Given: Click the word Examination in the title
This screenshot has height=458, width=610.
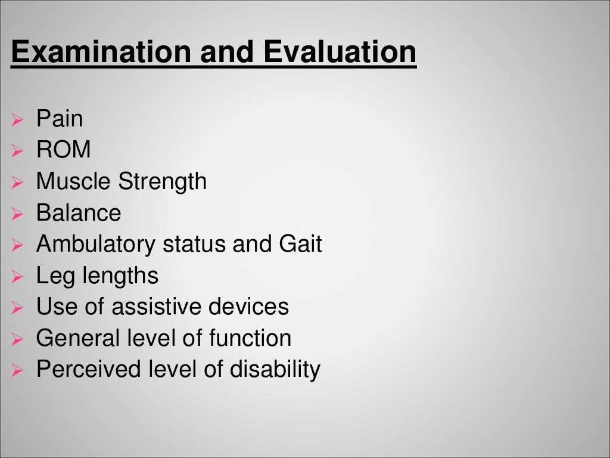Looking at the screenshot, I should (101, 52).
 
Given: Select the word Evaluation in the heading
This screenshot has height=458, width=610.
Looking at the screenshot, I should (340, 52).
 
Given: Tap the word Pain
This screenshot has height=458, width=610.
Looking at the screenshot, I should (60, 119).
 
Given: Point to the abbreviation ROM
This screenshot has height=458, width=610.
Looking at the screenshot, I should (64, 150).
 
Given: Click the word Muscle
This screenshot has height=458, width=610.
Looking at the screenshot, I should (74, 181).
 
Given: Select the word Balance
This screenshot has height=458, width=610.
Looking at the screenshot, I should (79, 213).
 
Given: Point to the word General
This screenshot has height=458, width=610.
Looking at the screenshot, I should (78, 339).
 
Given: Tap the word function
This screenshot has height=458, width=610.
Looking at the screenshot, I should (250, 339).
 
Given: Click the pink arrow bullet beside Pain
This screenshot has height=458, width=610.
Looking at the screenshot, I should (17, 120).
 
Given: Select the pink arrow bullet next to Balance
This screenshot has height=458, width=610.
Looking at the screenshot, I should (17, 214).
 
